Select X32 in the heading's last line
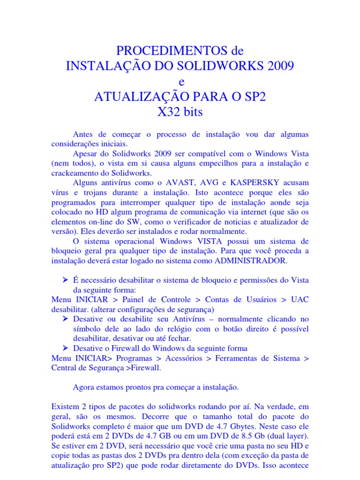tap(168, 112)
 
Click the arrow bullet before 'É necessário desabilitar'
tap(67, 279)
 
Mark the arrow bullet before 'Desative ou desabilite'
tap(67, 318)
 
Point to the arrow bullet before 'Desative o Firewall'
tap(67, 348)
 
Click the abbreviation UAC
tap(300, 299)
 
